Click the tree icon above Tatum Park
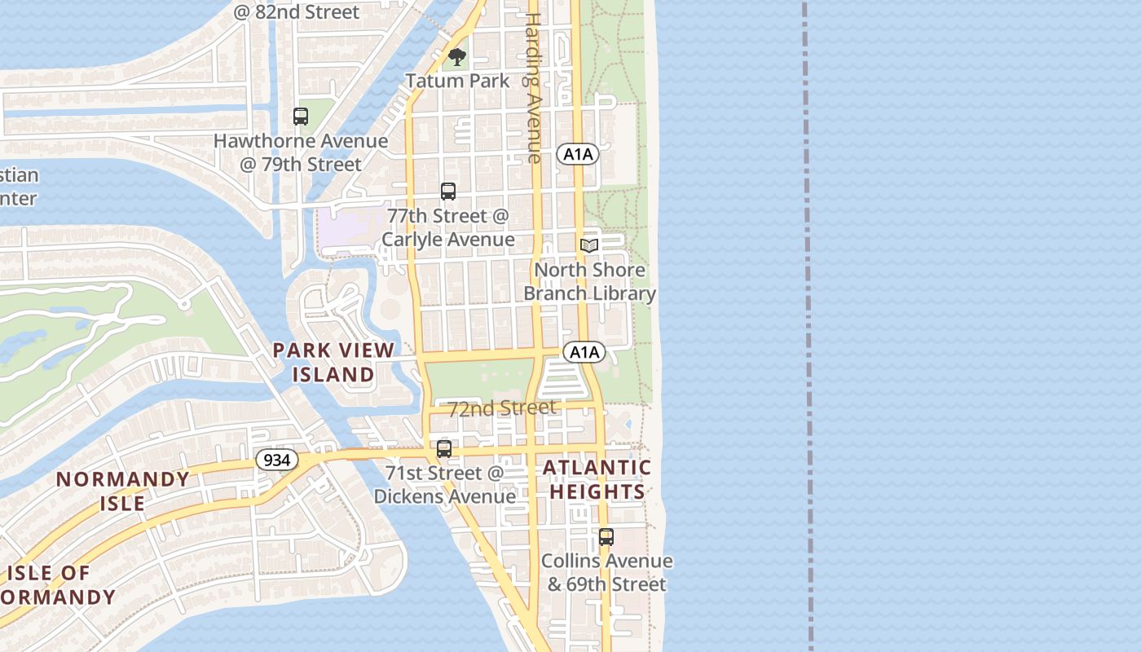pos(457,57)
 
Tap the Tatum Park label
pos(457,81)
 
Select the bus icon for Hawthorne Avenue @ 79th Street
pos(301,117)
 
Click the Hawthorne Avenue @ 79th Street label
pos(301,152)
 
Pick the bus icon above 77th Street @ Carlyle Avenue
pos(447,192)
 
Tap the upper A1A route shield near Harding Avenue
pos(578,154)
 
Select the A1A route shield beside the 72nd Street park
pos(584,352)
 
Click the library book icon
pos(588,245)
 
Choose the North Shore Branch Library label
pos(589,281)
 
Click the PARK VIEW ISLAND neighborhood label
pos(333,363)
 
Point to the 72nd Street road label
pos(502,407)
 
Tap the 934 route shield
pos(277,460)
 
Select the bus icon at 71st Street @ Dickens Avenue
pos(444,448)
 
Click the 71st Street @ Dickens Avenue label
pos(445,484)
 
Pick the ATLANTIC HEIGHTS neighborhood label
pos(597,479)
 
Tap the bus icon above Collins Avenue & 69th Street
pos(606,537)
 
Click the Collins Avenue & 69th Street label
pos(607,572)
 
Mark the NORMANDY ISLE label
pos(123,491)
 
